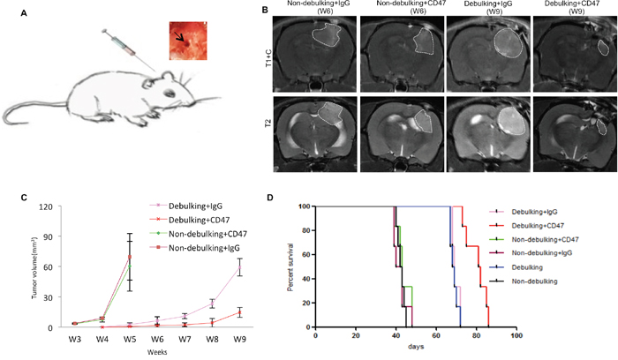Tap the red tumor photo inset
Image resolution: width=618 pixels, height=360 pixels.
tap(187, 41)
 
